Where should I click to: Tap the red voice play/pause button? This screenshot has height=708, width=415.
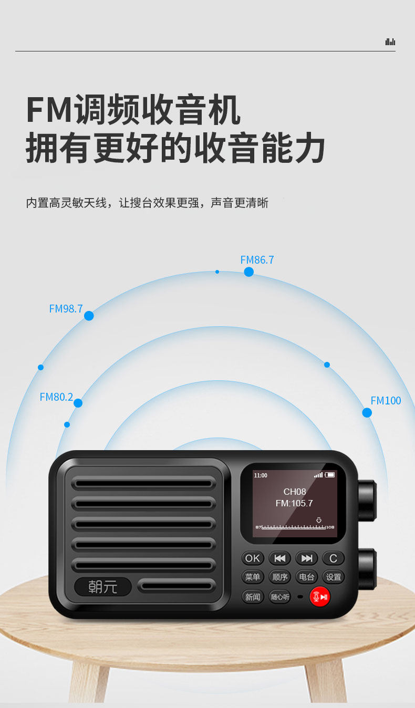pos(319,597)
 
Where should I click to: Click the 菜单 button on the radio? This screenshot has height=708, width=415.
pos(253,577)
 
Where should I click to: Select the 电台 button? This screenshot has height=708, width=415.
pos(306,577)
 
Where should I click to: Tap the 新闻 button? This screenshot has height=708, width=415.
pos(253,597)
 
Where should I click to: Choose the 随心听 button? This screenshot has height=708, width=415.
pos(279,597)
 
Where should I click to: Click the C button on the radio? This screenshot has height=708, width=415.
pos(333,558)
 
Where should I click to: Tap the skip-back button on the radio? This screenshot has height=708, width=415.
pos(279,558)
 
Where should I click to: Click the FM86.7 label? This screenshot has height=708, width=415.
pos(257,260)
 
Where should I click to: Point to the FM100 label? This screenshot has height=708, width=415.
pos(386,401)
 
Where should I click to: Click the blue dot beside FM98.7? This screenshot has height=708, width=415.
pos(89,316)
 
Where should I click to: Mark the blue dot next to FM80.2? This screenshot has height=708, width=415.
pos(78,403)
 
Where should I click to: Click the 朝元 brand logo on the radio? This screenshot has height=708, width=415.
pos(103,586)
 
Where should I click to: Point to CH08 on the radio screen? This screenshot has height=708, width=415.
pos(294,492)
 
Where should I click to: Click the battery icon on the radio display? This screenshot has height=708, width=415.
pos(330,475)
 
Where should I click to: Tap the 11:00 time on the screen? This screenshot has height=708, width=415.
pos(261,475)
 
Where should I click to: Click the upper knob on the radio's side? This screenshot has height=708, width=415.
pos(367,501)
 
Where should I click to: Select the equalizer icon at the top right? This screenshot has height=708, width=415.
pos(390,42)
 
